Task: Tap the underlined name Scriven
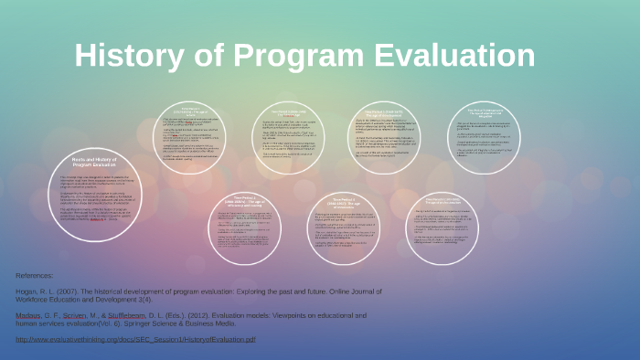click(82, 315)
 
